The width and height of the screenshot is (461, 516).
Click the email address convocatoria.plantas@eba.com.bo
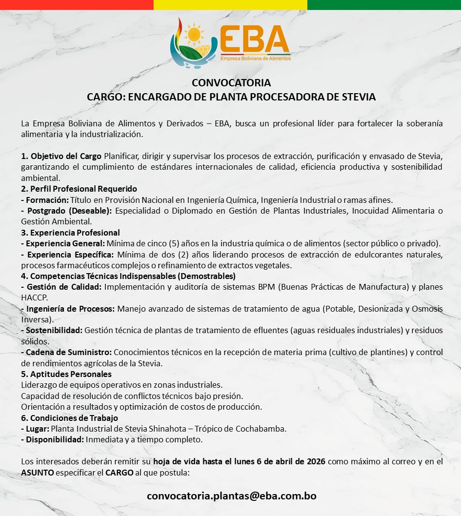coord(231,496)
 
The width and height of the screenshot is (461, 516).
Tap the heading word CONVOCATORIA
coord(231,82)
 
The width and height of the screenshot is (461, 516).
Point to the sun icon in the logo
coord(195,34)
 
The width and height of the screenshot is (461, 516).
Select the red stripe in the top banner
coord(77,4)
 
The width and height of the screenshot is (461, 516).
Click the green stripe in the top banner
coord(384,4)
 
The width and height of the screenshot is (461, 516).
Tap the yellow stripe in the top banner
coord(230,4)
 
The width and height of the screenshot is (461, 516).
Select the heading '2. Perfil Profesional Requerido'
coord(79,189)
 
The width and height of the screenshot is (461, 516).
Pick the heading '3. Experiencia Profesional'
coord(70,233)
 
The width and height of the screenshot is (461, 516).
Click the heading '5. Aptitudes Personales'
coord(66,374)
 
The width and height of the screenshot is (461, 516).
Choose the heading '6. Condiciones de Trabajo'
coord(69,418)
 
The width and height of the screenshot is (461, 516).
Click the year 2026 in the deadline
coord(315,462)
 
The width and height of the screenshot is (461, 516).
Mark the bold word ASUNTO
coord(38,473)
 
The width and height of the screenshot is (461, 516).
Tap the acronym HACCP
coord(34,297)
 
